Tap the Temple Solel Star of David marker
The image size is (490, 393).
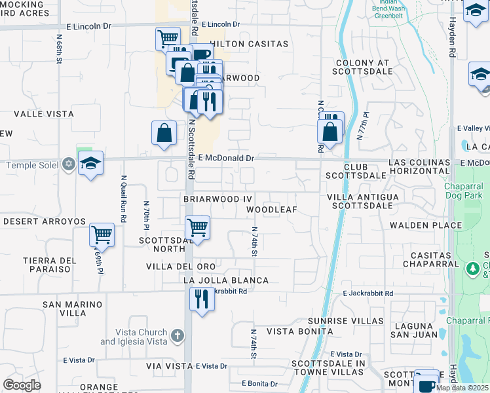(x=68, y=164)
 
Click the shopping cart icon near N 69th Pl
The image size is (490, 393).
(x=102, y=234)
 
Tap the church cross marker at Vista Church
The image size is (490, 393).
(x=176, y=337)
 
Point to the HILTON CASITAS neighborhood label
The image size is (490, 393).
(x=248, y=44)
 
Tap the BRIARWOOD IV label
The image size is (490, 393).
(x=217, y=198)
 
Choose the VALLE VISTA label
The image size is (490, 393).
(x=44, y=114)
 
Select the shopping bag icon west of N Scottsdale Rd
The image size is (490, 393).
(x=164, y=132)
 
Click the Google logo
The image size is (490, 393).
(x=22, y=385)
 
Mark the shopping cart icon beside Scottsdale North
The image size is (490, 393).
(x=197, y=228)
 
